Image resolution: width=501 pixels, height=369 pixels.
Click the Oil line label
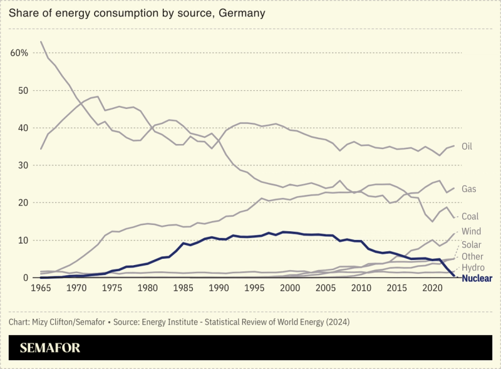[x=467, y=147]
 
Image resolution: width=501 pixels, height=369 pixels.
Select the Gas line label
[x=469, y=189]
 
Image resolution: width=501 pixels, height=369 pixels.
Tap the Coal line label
[x=470, y=217]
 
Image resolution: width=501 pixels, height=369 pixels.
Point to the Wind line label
[x=471, y=232]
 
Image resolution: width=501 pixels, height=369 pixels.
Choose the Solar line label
[x=472, y=244]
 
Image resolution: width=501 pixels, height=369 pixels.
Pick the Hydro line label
[x=473, y=268]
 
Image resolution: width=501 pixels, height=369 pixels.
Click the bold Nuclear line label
[x=477, y=278]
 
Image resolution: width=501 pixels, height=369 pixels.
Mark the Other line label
[x=472, y=257]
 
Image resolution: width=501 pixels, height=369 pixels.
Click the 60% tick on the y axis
[x=19, y=53]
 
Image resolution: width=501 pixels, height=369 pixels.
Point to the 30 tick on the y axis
[x=23, y=165]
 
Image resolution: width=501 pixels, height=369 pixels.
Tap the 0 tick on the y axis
[x=26, y=278]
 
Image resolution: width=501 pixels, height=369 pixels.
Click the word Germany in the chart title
[x=242, y=13]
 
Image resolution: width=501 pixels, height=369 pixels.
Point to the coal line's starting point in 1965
[x=41, y=42]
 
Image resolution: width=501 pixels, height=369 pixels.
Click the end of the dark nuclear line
[x=454, y=276]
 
